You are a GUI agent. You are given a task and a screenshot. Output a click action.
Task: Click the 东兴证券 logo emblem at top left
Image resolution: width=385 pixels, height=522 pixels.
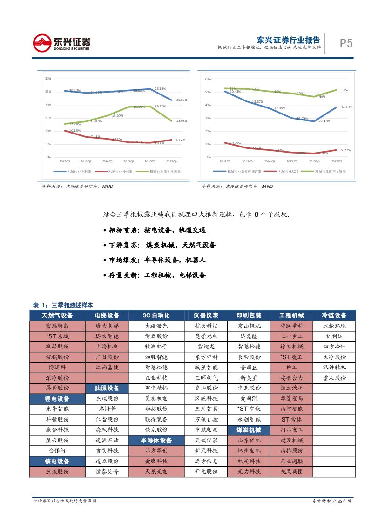point(42,43)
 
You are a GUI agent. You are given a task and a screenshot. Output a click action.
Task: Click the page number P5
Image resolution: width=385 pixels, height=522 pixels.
point(345,43)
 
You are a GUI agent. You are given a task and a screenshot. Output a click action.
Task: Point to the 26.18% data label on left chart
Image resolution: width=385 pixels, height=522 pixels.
point(160,88)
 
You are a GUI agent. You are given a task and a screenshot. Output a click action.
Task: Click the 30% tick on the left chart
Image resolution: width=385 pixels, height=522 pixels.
point(48,78)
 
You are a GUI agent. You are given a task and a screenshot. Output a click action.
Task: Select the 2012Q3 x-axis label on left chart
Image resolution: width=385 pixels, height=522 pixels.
point(65,161)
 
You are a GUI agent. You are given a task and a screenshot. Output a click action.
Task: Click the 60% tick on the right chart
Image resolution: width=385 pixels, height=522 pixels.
point(208,79)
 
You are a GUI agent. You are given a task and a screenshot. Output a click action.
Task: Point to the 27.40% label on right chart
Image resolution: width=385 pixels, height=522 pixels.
point(324,121)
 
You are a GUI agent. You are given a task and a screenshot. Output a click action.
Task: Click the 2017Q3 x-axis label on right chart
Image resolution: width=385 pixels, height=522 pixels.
point(336,161)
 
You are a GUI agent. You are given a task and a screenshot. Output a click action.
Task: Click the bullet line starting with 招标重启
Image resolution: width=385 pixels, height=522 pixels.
point(157,230)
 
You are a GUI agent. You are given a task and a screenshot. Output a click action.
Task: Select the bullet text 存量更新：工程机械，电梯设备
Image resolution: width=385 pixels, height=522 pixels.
point(157,275)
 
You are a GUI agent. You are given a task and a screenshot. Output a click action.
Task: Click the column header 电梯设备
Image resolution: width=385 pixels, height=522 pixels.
point(107,315)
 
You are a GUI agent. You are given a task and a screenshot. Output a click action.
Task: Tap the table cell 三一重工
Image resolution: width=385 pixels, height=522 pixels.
point(291,336)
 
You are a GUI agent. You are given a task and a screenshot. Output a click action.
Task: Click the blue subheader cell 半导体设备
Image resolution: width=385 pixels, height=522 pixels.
point(156,441)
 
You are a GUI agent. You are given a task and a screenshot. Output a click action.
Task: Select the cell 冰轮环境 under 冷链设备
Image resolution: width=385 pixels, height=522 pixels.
point(334,326)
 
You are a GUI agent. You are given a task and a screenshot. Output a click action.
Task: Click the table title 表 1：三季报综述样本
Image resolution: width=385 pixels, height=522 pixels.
point(63,305)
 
